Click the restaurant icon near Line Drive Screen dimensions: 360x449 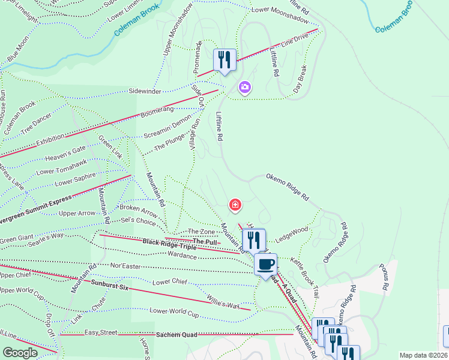pos(225,59)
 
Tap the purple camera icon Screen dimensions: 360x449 pos(244,88)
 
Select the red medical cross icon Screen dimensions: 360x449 pos(235,206)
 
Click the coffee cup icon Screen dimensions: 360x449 pos(265,263)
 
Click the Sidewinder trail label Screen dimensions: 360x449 pos(145,91)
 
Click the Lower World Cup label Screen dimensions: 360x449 pos(174,311)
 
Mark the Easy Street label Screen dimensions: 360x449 pos(101,332)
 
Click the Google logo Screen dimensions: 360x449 pos(20,353)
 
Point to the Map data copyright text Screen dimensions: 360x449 pos(423,355)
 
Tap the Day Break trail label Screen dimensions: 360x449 pos(300,79)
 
